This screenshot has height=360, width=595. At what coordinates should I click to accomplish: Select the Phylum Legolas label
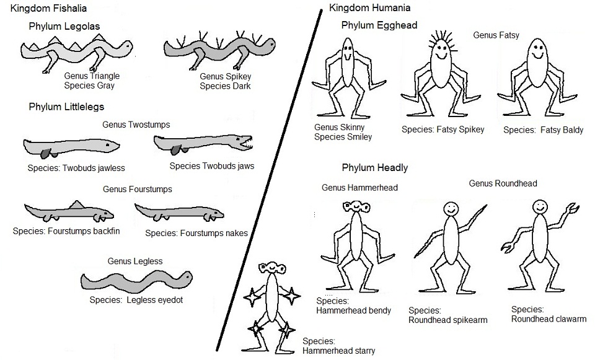64,26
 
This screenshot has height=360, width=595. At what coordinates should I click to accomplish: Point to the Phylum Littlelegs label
66,107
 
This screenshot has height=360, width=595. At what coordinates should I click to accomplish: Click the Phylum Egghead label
379,25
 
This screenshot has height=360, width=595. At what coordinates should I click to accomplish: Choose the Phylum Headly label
375,167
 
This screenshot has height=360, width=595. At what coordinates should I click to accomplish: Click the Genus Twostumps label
136,125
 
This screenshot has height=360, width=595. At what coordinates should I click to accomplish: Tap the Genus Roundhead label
503,183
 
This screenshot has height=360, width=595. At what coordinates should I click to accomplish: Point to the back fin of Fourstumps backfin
77,204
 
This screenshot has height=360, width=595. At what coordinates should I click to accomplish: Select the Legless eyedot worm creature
136,281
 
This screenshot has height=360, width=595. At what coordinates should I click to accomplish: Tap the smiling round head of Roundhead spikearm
450,209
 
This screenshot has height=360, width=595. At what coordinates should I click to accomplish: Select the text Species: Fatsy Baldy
543,130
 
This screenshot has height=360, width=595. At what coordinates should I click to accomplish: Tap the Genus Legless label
135,261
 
